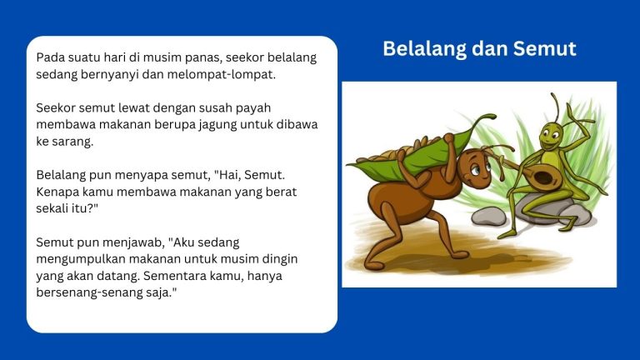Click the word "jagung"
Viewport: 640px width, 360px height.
[x=219, y=125]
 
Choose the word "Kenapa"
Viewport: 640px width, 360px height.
[x=59, y=192]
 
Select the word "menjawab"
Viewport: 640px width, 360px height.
[x=126, y=242]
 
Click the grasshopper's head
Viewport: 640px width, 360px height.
[x=550, y=132]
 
